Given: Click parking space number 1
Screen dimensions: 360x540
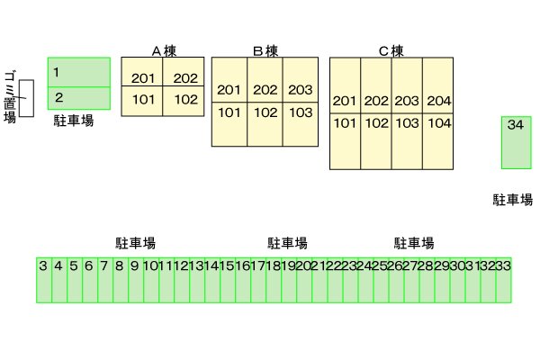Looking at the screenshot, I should click(78, 71).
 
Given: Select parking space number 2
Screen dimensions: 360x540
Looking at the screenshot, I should click(78, 97).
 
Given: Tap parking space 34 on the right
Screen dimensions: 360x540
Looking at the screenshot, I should click(515, 141).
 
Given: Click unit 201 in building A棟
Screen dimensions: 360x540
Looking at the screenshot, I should click(143, 78).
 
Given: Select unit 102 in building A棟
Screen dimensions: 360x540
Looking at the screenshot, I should click(185, 99).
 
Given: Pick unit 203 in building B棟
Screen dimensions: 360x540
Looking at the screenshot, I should click(301, 90).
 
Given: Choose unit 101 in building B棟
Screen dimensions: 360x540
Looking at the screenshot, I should click(229, 112).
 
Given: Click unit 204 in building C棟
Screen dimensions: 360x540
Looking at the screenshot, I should click(438, 100).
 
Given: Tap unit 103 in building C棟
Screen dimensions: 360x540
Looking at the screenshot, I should click(407, 123).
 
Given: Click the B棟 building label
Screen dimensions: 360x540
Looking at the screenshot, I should click(265, 49).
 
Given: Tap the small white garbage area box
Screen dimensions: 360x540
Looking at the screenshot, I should click(26, 98).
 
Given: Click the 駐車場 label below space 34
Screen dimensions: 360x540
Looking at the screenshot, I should click(513, 199).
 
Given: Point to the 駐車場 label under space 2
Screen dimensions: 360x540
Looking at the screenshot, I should click(74, 120).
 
